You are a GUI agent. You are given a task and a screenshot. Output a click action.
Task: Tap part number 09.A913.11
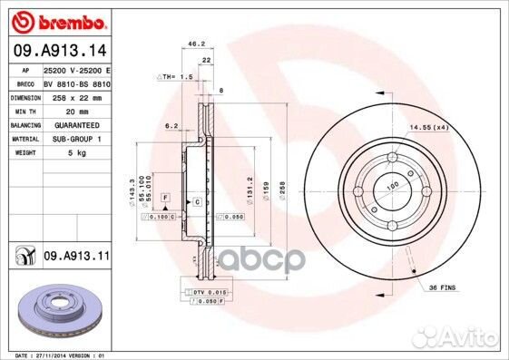pos(76,258)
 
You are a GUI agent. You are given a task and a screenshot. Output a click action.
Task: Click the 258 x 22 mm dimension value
pos(73,96)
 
